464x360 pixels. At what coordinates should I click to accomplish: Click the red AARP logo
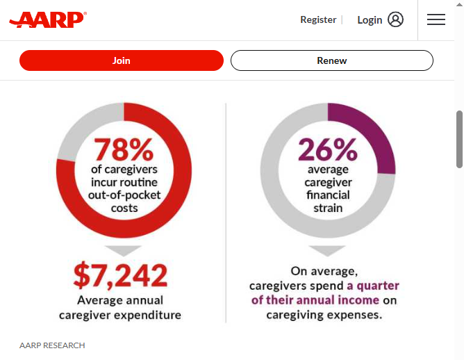48,20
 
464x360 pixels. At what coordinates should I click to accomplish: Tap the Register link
318,20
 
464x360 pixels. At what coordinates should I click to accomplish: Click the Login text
370,20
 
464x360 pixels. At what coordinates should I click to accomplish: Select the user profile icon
396,19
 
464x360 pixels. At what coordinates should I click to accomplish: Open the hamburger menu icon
436,19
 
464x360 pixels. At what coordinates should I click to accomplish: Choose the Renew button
332,60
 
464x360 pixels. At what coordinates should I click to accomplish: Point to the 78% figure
124,149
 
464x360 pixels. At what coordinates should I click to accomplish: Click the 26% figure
328,149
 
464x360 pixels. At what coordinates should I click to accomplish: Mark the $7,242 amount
120,275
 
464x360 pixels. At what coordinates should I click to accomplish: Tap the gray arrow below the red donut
124,250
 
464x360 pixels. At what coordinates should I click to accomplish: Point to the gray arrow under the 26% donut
327,250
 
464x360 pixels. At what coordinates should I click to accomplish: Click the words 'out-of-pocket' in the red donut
124,195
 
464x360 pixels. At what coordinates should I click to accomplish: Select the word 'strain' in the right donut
328,208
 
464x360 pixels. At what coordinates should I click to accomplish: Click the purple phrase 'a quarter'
373,286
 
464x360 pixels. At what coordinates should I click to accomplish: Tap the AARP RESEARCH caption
52,345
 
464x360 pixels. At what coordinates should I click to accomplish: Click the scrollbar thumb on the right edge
459,139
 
